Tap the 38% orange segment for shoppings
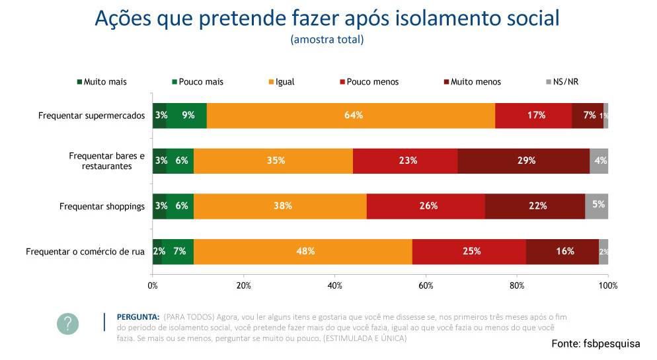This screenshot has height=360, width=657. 283,206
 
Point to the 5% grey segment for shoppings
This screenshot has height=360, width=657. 597,206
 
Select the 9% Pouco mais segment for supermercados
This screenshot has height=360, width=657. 187,115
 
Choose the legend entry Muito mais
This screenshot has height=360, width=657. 102,82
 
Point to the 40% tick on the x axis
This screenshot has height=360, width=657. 334,285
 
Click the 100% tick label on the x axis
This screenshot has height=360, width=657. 607,285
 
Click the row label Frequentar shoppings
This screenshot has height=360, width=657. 102,206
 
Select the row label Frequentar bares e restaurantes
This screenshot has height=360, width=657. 106,161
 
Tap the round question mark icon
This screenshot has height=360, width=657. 67,323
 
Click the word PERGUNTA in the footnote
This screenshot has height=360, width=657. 137,316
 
